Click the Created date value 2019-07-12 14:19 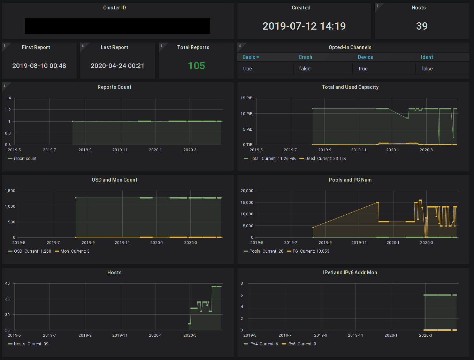304,26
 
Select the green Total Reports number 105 196,66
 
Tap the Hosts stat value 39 422,26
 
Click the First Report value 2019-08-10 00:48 39,66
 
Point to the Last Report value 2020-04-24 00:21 117,66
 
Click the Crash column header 305,57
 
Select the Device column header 365,57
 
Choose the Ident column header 427,57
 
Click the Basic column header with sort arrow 251,57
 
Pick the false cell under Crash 305,69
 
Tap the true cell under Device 363,69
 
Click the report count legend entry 25,159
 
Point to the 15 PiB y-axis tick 246,98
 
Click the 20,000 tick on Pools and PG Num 247,191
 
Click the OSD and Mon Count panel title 114,180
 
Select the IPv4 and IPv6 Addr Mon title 350,273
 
